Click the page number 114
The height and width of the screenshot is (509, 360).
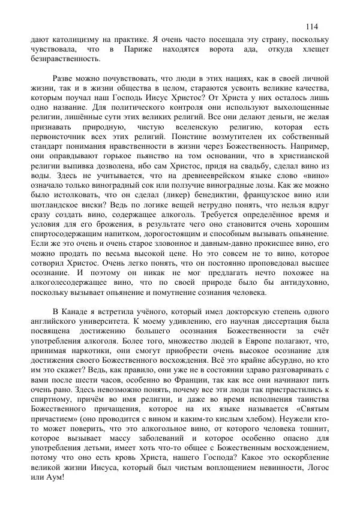[312, 26]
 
